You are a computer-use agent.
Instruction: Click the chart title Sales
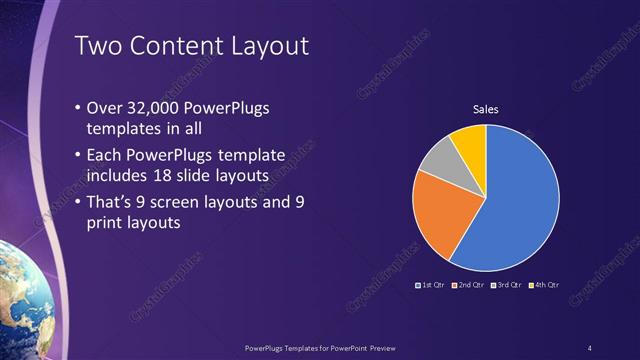(485, 109)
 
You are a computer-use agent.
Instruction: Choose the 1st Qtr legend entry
(430, 285)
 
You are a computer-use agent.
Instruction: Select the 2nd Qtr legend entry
(468, 285)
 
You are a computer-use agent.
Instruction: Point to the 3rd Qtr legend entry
(506, 285)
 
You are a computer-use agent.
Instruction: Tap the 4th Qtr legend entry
(544, 285)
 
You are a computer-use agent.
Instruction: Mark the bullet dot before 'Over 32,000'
(80, 108)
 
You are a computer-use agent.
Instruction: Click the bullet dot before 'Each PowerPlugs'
(80, 155)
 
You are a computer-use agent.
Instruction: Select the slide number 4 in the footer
(589, 347)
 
